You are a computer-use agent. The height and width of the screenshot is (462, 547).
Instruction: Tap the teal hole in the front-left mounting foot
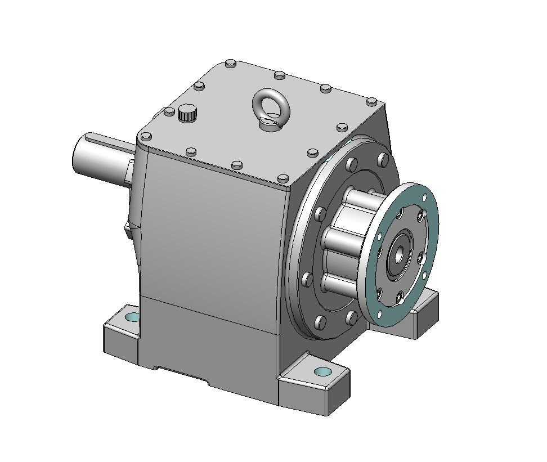point(132,317)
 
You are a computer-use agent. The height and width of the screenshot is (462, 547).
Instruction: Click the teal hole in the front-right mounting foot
point(322,371)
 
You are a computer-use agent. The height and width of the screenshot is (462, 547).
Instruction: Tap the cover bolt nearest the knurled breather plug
point(169,112)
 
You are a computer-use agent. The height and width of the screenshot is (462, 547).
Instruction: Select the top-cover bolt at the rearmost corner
point(230,64)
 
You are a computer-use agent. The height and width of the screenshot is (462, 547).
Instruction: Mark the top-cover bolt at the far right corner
point(370,102)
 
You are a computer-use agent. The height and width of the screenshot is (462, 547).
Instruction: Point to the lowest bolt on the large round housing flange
point(320,322)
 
